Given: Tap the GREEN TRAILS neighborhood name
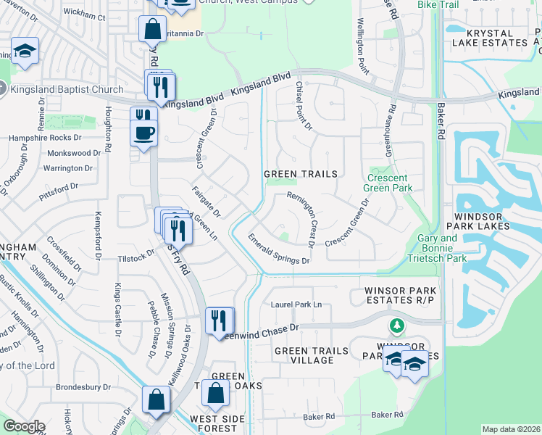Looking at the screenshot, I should tap(301, 174).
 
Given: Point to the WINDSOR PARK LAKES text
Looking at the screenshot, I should tap(493, 223).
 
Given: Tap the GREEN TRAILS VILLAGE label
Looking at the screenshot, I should tap(312, 355).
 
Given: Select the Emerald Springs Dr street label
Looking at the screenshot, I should tap(279, 249).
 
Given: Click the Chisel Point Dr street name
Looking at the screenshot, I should tap(303, 106).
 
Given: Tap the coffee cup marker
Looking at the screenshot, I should tap(144, 133).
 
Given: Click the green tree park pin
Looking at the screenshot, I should tap(396, 325).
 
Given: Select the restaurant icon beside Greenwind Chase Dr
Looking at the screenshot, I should tap(219, 320).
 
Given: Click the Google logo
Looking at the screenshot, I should tap(24, 426).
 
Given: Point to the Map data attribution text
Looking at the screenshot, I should tap(511, 429).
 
